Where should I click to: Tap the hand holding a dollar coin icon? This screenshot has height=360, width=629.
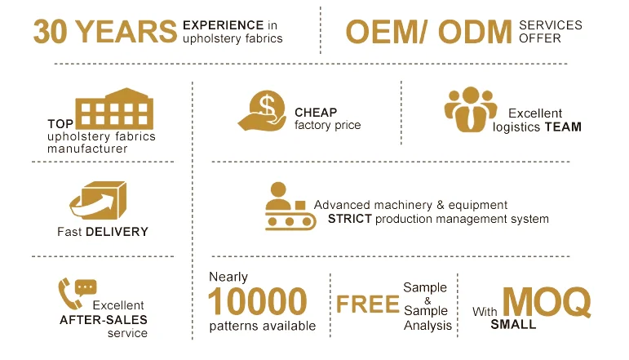(x=262, y=110)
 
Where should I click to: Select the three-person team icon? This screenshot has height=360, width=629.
(x=471, y=109)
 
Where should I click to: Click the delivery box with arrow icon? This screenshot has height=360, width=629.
(x=99, y=200)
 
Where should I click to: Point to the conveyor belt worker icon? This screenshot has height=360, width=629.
(x=290, y=207)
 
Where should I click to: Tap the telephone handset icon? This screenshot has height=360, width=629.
(x=69, y=294)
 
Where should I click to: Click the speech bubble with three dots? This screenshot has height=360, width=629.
(x=86, y=287)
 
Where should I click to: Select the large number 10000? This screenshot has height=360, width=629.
(x=258, y=301)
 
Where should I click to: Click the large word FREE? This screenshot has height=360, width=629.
(x=367, y=304)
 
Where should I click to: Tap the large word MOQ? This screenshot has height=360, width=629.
(x=547, y=302)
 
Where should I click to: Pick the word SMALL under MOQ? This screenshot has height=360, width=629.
(x=513, y=324)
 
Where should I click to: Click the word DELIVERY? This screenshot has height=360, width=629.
(x=117, y=232)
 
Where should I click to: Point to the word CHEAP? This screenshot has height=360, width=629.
(x=316, y=113)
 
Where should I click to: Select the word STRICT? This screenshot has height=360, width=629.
(x=350, y=219)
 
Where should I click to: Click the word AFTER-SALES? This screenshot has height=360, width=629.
(x=104, y=320)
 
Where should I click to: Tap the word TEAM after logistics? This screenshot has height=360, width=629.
(x=563, y=127)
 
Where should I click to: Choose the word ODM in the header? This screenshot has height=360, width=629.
(x=476, y=32)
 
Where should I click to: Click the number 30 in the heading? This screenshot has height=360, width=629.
(x=50, y=31)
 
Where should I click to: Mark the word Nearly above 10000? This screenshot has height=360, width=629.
(x=228, y=277)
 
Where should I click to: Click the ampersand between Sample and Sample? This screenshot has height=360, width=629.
(x=427, y=300)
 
